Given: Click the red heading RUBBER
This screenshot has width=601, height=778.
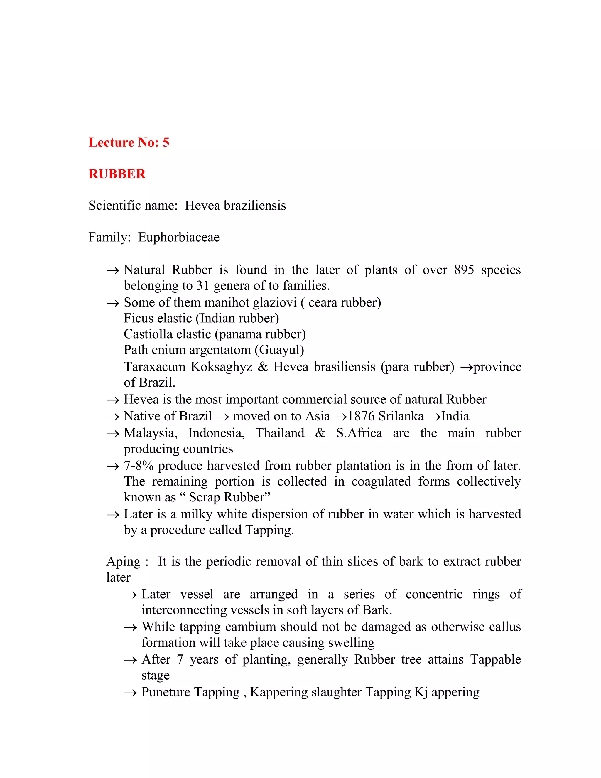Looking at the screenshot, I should (x=117, y=174).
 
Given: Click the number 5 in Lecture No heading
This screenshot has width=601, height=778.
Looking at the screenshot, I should (x=166, y=142).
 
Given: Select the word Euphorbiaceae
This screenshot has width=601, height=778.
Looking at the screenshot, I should (x=179, y=237).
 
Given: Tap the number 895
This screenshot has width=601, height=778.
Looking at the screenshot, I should (x=464, y=270).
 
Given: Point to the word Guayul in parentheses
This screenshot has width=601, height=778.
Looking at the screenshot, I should (x=281, y=350).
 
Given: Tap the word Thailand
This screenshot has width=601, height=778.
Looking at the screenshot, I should (x=280, y=433).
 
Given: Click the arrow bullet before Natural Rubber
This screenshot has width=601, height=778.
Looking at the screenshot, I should (x=112, y=271).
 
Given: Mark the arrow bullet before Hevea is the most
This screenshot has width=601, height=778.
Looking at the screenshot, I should (x=112, y=400).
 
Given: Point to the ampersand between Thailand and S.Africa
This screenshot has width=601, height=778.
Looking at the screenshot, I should (x=320, y=433).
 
